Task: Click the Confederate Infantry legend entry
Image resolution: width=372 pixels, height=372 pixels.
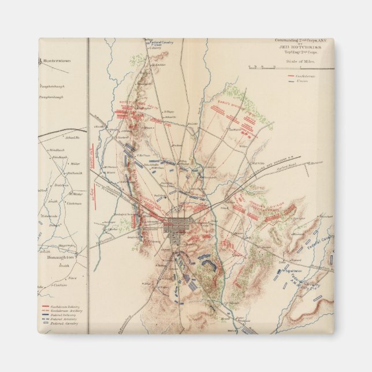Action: point(62,306)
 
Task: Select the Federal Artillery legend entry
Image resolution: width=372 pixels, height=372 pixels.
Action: point(62,319)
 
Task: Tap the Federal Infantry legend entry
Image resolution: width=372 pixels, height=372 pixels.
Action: point(62,315)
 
